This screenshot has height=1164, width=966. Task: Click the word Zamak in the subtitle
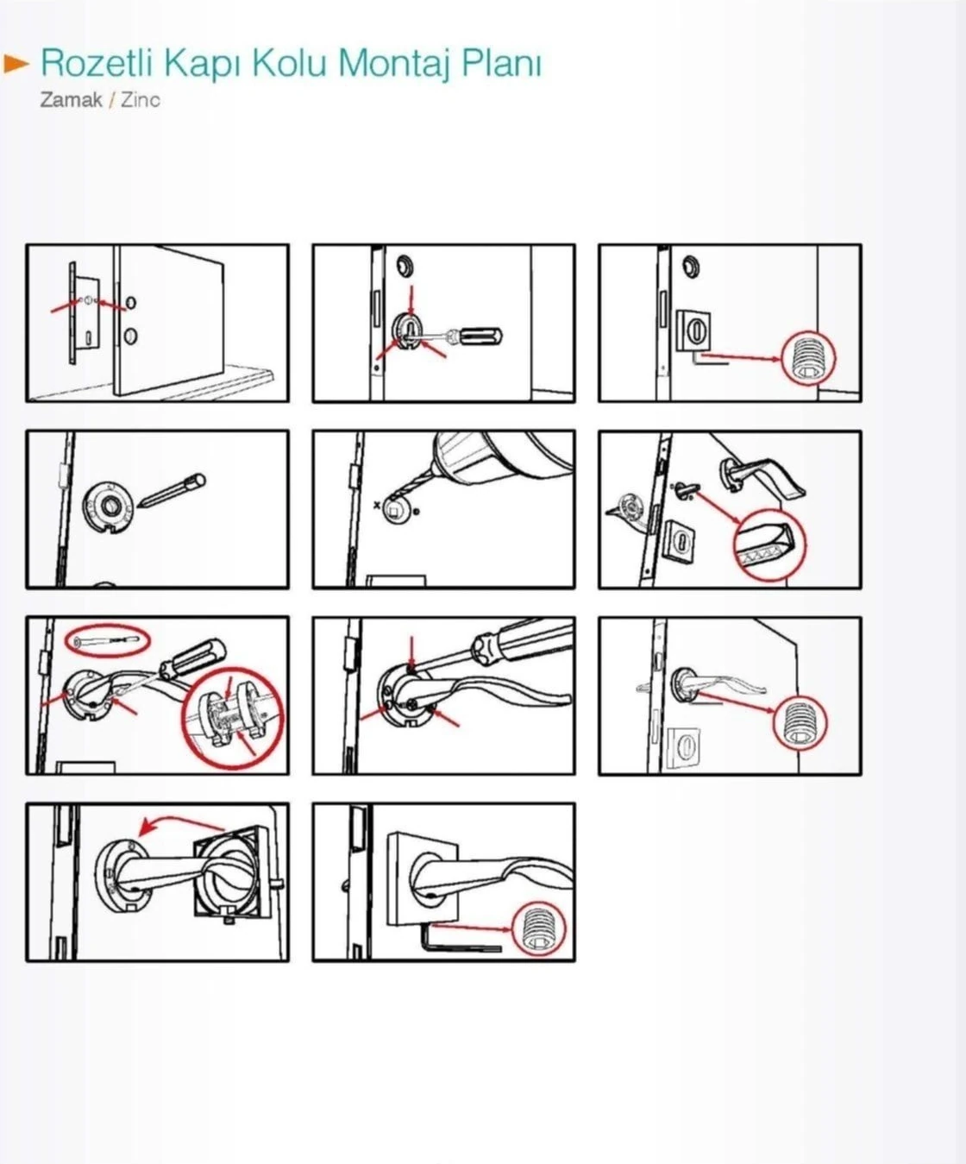coord(71,100)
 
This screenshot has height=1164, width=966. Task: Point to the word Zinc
coord(141,100)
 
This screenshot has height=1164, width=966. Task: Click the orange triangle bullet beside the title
coord(16,64)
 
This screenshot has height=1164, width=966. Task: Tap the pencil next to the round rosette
coord(172,491)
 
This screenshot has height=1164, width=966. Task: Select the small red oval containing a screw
coord(107,640)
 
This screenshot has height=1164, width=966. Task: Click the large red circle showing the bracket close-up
coord(234,717)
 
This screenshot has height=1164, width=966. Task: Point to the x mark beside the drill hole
coord(377,503)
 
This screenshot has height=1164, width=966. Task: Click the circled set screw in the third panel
coord(809,357)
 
